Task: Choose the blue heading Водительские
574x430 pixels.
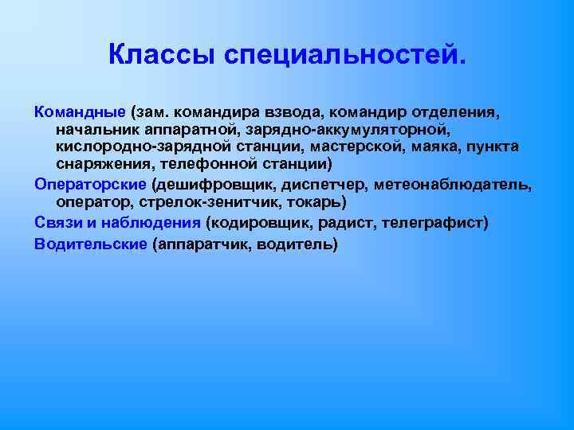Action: click(x=90, y=244)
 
